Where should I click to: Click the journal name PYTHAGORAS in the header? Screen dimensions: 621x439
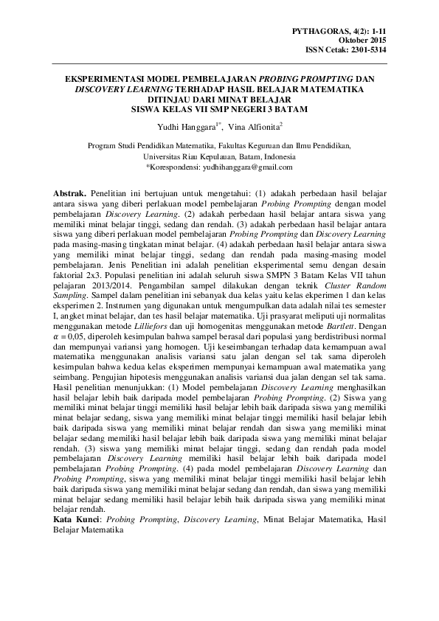click(x=317, y=30)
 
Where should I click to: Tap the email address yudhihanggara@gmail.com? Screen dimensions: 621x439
click(x=243, y=167)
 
